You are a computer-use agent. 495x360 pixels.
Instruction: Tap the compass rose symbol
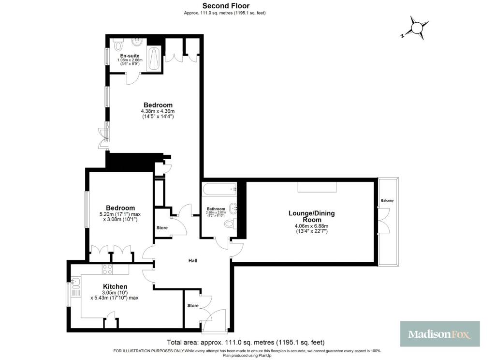(x=417, y=27)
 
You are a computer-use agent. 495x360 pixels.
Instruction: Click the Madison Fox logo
(x=440, y=334)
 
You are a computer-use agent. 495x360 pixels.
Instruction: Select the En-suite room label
(x=130, y=56)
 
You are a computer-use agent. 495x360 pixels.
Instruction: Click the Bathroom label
(x=216, y=209)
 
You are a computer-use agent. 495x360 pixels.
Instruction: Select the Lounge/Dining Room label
(x=311, y=216)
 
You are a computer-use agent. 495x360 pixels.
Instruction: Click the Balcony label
(x=387, y=200)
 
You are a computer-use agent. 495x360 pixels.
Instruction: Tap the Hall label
(x=193, y=261)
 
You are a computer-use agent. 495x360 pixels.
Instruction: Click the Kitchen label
(x=115, y=286)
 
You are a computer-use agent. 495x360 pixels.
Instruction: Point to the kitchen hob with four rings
(x=107, y=269)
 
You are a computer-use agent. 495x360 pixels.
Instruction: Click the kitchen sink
(x=75, y=282)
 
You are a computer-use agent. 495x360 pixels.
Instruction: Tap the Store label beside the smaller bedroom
(x=161, y=227)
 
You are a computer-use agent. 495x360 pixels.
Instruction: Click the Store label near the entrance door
(x=193, y=306)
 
